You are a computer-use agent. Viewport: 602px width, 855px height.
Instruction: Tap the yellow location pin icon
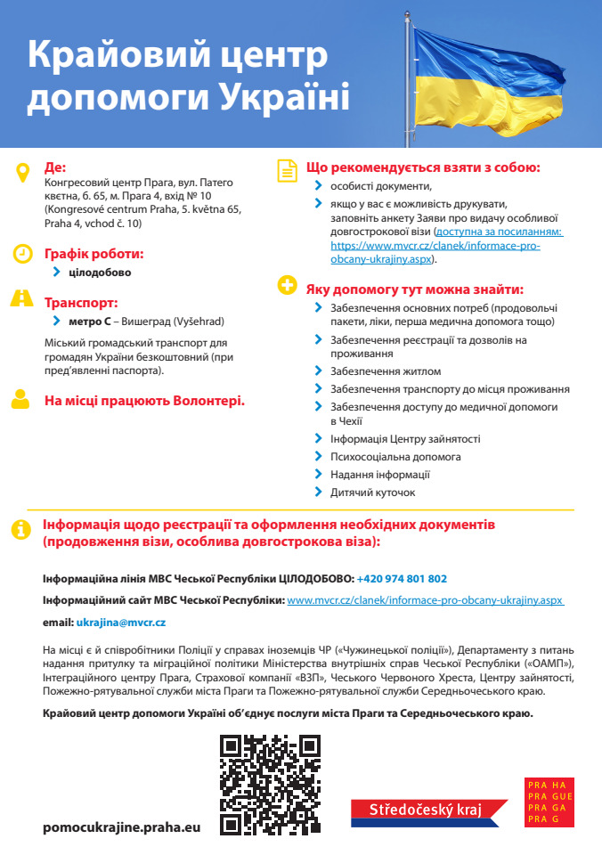(x=22, y=172)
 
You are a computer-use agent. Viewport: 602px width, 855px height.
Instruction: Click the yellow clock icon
(x=22, y=254)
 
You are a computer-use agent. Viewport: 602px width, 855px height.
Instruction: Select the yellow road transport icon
(x=22, y=299)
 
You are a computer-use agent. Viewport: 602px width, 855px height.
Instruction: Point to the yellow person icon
(x=21, y=400)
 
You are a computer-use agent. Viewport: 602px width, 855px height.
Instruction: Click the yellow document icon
(x=287, y=170)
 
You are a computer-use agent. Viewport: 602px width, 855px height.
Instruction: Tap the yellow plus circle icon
(x=287, y=286)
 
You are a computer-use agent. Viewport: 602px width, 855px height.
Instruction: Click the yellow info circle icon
(x=20, y=529)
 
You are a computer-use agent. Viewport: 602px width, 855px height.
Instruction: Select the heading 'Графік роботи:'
(x=94, y=254)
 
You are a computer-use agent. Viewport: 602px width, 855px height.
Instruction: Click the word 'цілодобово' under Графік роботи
(x=100, y=273)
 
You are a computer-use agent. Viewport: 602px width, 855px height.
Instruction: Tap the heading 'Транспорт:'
(x=81, y=302)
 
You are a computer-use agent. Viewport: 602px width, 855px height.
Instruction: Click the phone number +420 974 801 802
(x=402, y=578)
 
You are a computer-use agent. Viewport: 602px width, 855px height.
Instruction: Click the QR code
(x=270, y=783)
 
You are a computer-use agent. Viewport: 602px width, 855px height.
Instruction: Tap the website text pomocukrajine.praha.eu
(x=122, y=827)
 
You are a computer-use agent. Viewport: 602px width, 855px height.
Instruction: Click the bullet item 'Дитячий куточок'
(x=372, y=493)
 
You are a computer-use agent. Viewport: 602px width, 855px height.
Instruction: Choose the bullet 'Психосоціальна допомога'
(x=395, y=457)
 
